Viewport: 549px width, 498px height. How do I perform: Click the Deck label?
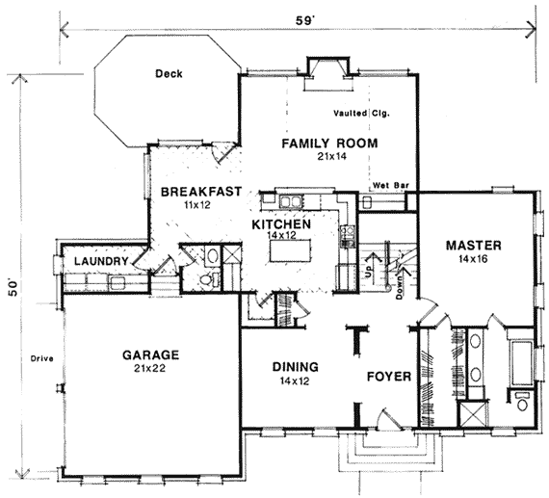(x=169, y=74)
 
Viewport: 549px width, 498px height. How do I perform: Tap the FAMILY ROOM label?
(x=329, y=144)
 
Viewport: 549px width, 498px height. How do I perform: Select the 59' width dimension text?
(x=303, y=20)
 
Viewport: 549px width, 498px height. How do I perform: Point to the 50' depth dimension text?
(x=13, y=288)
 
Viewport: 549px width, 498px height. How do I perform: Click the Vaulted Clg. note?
(x=361, y=114)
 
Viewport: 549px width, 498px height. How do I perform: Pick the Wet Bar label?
(x=391, y=185)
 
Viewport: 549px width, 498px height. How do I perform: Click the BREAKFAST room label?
(x=201, y=192)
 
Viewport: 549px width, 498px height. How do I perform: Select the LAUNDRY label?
(x=101, y=261)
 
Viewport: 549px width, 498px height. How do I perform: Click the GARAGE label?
(x=150, y=355)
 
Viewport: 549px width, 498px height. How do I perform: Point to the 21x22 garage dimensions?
(x=149, y=368)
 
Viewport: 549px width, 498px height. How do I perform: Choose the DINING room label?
(x=296, y=367)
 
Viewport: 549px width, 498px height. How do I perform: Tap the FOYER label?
(x=389, y=377)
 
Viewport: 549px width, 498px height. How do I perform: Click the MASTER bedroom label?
(x=473, y=246)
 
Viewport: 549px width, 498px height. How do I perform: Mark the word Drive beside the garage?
(x=41, y=358)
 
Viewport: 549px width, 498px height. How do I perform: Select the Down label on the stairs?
(x=399, y=287)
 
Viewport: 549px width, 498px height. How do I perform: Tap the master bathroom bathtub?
(x=522, y=362)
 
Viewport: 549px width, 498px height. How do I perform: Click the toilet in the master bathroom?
(x=523, y=402)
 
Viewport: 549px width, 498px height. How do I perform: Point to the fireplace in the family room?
(x=327, y=73)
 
